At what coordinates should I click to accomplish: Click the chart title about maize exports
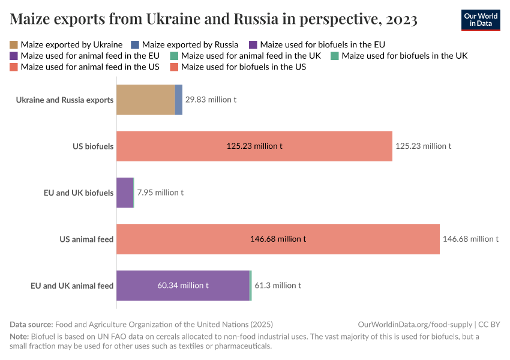point(214,20)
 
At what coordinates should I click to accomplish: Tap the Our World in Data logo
point(480,20)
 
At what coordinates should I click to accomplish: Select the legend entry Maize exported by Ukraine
point(66,44)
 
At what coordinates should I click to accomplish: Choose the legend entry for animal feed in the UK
point(246,56)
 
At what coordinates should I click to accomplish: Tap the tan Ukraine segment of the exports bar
point(145,100)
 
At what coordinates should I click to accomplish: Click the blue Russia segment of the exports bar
point(179,100)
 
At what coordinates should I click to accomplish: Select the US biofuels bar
point(254,146)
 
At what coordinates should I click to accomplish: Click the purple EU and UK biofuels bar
point(124,193)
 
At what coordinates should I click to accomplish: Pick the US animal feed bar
point(278,239)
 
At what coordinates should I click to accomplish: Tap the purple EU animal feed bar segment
point(182,286)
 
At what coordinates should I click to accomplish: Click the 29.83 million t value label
point(211,100)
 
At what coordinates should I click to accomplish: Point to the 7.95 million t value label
point(160,193)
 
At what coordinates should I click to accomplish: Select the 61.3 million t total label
point(278,286)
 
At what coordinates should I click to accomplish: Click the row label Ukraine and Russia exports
point(65,100)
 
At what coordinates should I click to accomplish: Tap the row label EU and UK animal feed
point(72,286)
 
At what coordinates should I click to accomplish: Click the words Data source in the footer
point(31,324)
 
